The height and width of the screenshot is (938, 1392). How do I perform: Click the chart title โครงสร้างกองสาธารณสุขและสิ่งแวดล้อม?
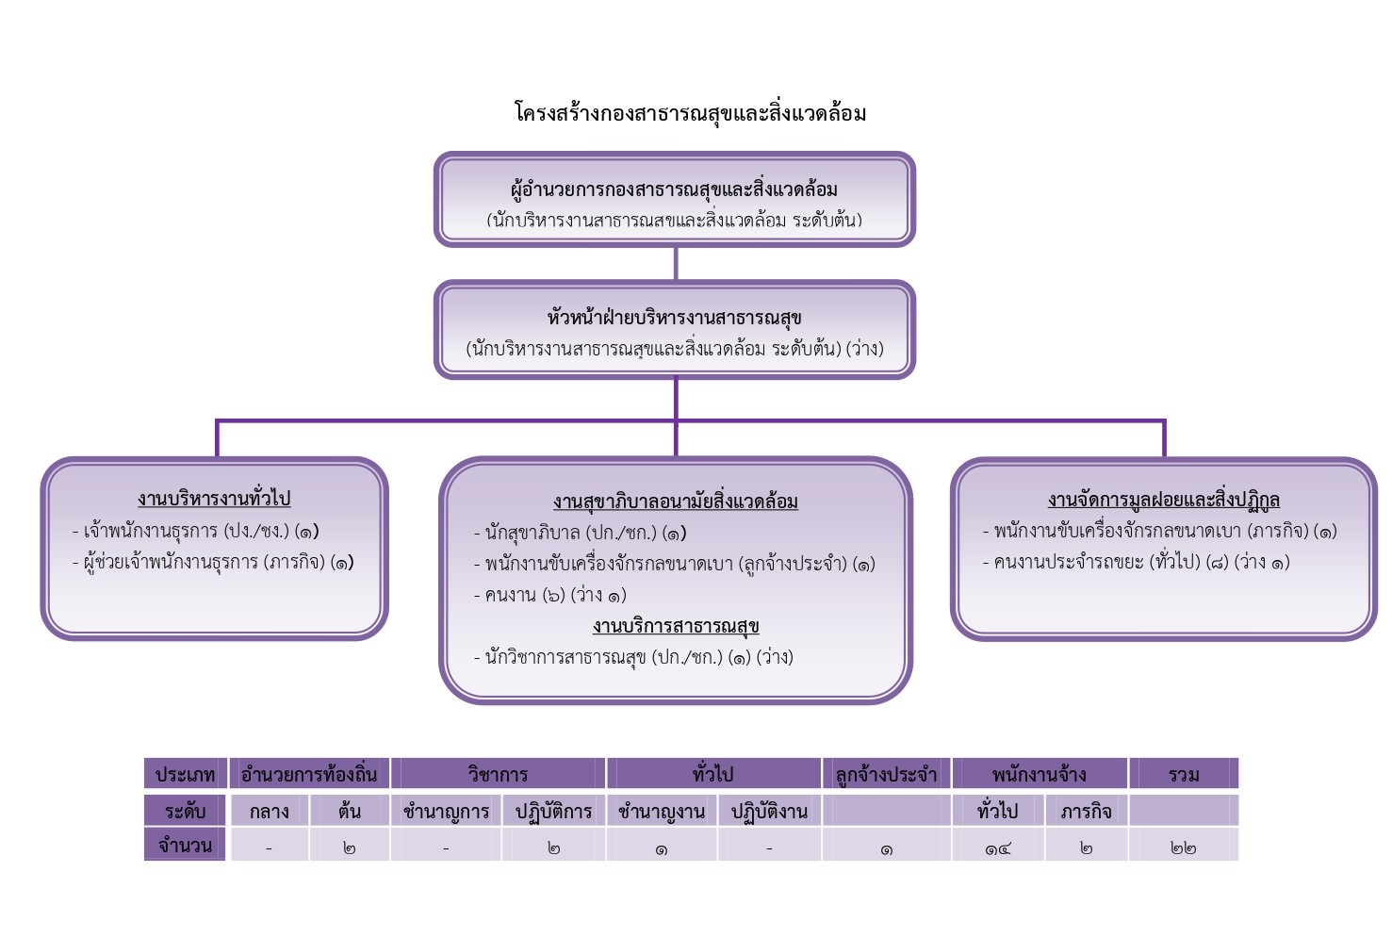coord(690,113)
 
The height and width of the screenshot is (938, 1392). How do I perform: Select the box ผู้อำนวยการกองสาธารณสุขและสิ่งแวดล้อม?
coord(674,200)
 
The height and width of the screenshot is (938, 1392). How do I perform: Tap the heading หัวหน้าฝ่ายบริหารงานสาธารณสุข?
coord(674,317)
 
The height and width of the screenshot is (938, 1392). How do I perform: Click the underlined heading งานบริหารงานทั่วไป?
coord(214,499)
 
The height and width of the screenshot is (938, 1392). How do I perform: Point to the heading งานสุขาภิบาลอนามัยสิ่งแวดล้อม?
coord(675,502)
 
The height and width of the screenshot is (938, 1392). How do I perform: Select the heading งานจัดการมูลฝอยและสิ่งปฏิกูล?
coord(1163,500)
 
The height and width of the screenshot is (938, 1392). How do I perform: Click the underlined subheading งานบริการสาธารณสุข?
coord(675,626)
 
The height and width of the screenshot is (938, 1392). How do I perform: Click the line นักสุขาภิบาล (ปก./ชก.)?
coord(580,533)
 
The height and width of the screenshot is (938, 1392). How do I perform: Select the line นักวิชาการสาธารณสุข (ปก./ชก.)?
coord(632,657)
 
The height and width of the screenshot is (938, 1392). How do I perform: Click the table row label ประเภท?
coord(185,775)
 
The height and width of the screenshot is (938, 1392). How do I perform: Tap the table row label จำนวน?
coord(185,846)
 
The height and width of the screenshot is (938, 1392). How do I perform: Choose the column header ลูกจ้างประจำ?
coord(886,775)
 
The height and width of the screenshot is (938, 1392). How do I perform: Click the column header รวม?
coord(1183,775)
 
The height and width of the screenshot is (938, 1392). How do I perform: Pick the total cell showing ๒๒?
coord(1183,847)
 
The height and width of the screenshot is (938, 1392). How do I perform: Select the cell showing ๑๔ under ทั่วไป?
coord(997,847)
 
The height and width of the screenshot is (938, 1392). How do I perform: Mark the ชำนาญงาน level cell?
coord(661,812)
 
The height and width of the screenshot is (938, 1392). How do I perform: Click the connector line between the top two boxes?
coord(676,263)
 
